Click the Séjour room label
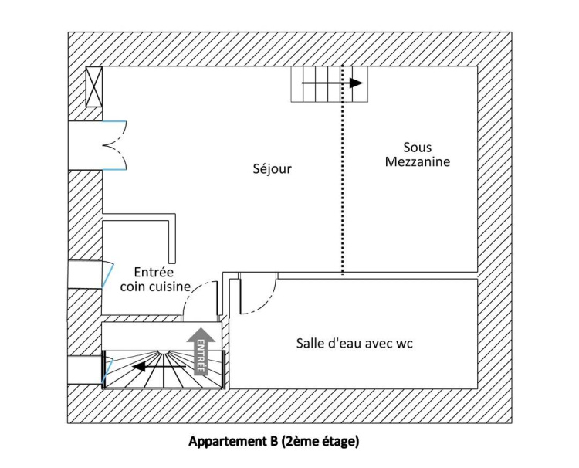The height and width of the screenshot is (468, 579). [273, 169]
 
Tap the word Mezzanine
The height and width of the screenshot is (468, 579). [418, 161]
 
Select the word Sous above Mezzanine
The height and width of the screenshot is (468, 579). [417, 148]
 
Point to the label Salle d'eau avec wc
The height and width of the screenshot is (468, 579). [354, 343]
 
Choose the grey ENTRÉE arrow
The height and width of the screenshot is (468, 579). [201, 351]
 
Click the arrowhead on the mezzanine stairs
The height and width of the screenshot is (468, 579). [356, 83]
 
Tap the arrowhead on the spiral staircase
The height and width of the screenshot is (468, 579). [139, 367]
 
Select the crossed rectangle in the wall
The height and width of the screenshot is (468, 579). [94, 86]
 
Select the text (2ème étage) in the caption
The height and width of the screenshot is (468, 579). [320, 442]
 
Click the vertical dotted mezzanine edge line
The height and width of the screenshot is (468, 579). [342, 170]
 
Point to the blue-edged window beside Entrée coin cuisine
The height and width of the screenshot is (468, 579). [107, 274]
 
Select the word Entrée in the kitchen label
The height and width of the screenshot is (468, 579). [154, 273]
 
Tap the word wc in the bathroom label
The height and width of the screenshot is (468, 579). [405, 344]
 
